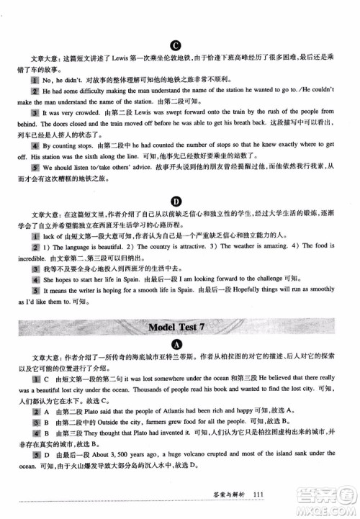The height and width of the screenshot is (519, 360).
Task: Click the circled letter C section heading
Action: tap(175, 43)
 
